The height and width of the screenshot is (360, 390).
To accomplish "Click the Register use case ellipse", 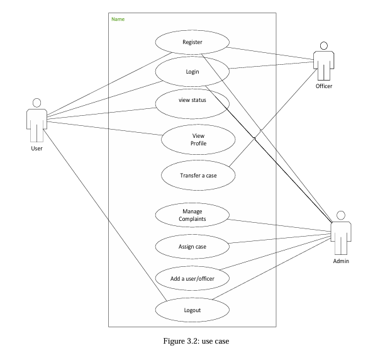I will (x=192, y=42).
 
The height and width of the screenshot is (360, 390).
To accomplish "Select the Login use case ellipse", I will (x=192, y=71).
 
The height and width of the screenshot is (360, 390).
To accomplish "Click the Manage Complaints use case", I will (x=192, y=215).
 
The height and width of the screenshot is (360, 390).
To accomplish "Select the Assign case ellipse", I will (x=192, y=247).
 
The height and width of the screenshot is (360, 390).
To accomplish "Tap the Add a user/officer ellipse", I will (x=192, y=278).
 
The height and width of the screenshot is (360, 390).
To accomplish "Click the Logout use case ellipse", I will (x=192, y=310).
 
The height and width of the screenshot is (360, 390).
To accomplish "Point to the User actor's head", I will (x=36, y=103).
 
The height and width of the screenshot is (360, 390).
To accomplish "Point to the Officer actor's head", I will (x=324, y=45).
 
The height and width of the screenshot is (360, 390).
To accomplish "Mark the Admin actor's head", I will (x=341, y=213).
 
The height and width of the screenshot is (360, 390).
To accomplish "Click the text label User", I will (x=36, y=149).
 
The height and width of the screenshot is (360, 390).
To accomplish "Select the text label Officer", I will (x=324, y=86).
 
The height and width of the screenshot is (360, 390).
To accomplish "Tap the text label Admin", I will (x=341, y=261).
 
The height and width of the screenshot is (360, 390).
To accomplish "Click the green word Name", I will (x=118, y=19).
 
